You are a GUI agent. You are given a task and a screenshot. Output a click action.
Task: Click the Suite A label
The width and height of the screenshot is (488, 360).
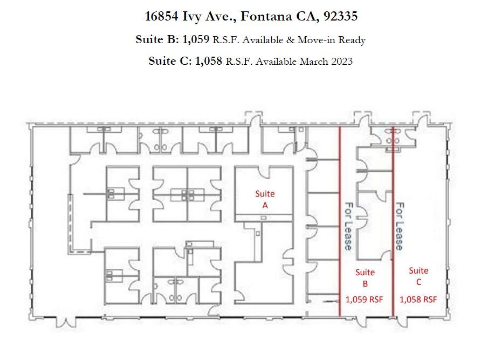tap(265, 199)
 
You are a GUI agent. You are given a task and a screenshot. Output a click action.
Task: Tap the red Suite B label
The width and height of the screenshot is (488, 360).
tap(365, 277)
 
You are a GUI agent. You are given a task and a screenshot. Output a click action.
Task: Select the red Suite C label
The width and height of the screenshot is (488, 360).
tap(418, 276)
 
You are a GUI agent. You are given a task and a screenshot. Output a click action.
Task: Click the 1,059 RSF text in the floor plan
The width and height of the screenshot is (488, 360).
tap(365, 299)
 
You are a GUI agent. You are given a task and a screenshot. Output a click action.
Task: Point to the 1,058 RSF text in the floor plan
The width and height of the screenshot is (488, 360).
tap(418, 299)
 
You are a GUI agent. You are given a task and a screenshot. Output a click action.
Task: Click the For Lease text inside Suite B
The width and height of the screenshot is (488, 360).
tap(349, 226)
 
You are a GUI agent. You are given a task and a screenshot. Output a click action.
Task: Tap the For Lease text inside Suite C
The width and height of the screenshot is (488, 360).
tap(400, 226)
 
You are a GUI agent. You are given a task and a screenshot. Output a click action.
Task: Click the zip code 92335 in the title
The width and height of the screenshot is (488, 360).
tap(340, 16)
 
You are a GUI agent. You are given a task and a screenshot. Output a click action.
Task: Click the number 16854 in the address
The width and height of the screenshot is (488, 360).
tap(164, 16)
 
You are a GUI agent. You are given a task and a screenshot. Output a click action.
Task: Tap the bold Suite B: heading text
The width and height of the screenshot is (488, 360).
tap(157, 40)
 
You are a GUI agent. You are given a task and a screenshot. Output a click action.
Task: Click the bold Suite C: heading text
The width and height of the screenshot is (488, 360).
tap(170, 62)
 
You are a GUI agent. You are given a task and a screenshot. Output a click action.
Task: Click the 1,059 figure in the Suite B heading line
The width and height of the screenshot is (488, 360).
tap(196, 40)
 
